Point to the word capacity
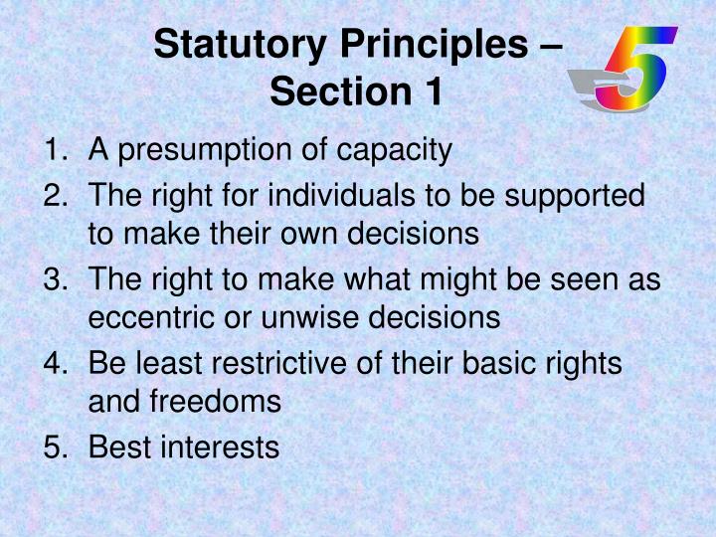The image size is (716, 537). (x=394, y=152)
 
